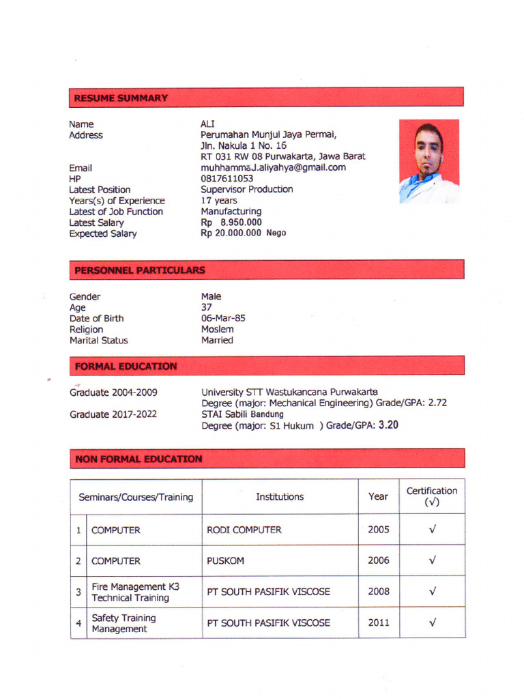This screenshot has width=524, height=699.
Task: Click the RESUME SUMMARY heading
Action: pyautogui.click(x=121, y=98)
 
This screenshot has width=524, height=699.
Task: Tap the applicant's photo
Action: pyautogui.click(x=428, y=162)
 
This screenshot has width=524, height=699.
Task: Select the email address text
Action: pyautogui.click(x=273, y=167)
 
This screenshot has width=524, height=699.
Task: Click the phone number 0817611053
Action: pyautogui.click(x=227, y=179)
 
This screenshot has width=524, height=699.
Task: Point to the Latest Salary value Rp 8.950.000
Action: pyautogui.click(x=231, y=223)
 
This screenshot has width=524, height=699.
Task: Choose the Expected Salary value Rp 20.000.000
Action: pyautogui.click(x=231, y=233)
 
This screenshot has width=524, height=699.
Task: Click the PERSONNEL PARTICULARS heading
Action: pyautogui.click(x=140, y=270)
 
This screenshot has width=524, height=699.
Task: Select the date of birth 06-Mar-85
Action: pyautogui.click(x=223, y=318)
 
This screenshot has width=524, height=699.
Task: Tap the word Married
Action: pyautogui.click(x=217, y=340)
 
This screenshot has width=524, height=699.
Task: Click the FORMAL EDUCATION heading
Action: pyautogui.click(x=126, y=367)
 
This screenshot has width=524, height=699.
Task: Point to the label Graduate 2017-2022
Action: pyautogui.click(x=113, y=414)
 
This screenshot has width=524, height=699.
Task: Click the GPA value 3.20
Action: pyautogui.click(x=388, y=425)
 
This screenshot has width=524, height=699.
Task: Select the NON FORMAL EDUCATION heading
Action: pyautogui.click(x=139, y=459)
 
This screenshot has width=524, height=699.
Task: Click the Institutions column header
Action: pyautogui.click(x=280, y=497)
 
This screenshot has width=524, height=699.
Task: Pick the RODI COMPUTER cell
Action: pyautogui.click(x=244, y=530)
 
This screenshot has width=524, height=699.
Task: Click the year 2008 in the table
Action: pyautogui.click(x=379, y=592)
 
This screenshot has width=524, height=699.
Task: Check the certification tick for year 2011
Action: pyautogui.click(x=433, y=623)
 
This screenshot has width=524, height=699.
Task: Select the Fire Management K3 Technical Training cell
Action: pyautogui.click(x=130, y=593)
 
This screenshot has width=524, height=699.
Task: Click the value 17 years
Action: pyautogui.click(x=219, y=201)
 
